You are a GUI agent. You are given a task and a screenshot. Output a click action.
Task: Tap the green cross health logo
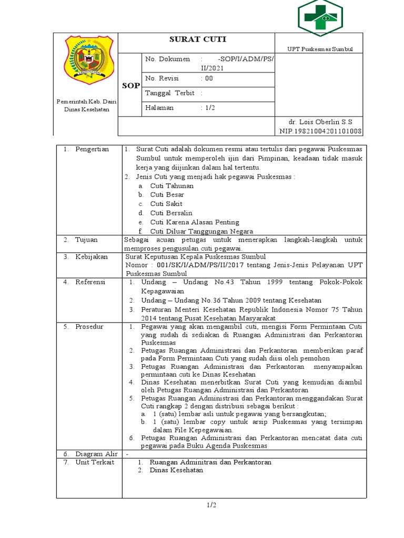pos(320,18)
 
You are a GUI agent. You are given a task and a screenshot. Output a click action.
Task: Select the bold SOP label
pos(131,86)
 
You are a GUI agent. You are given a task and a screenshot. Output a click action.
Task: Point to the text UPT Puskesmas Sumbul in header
pos(320,49)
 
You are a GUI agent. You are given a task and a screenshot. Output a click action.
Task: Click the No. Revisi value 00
pos(209,78)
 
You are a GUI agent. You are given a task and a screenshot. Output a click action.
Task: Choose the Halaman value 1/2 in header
pos(210,108)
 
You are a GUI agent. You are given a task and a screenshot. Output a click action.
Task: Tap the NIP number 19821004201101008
pos(320,131)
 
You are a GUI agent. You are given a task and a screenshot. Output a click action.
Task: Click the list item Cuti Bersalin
pos(171,213)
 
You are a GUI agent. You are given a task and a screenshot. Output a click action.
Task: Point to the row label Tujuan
pos(86,240)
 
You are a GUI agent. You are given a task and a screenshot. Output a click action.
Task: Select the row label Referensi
pos(90,282)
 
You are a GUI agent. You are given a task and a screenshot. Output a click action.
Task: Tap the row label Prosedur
pos(89,326)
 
